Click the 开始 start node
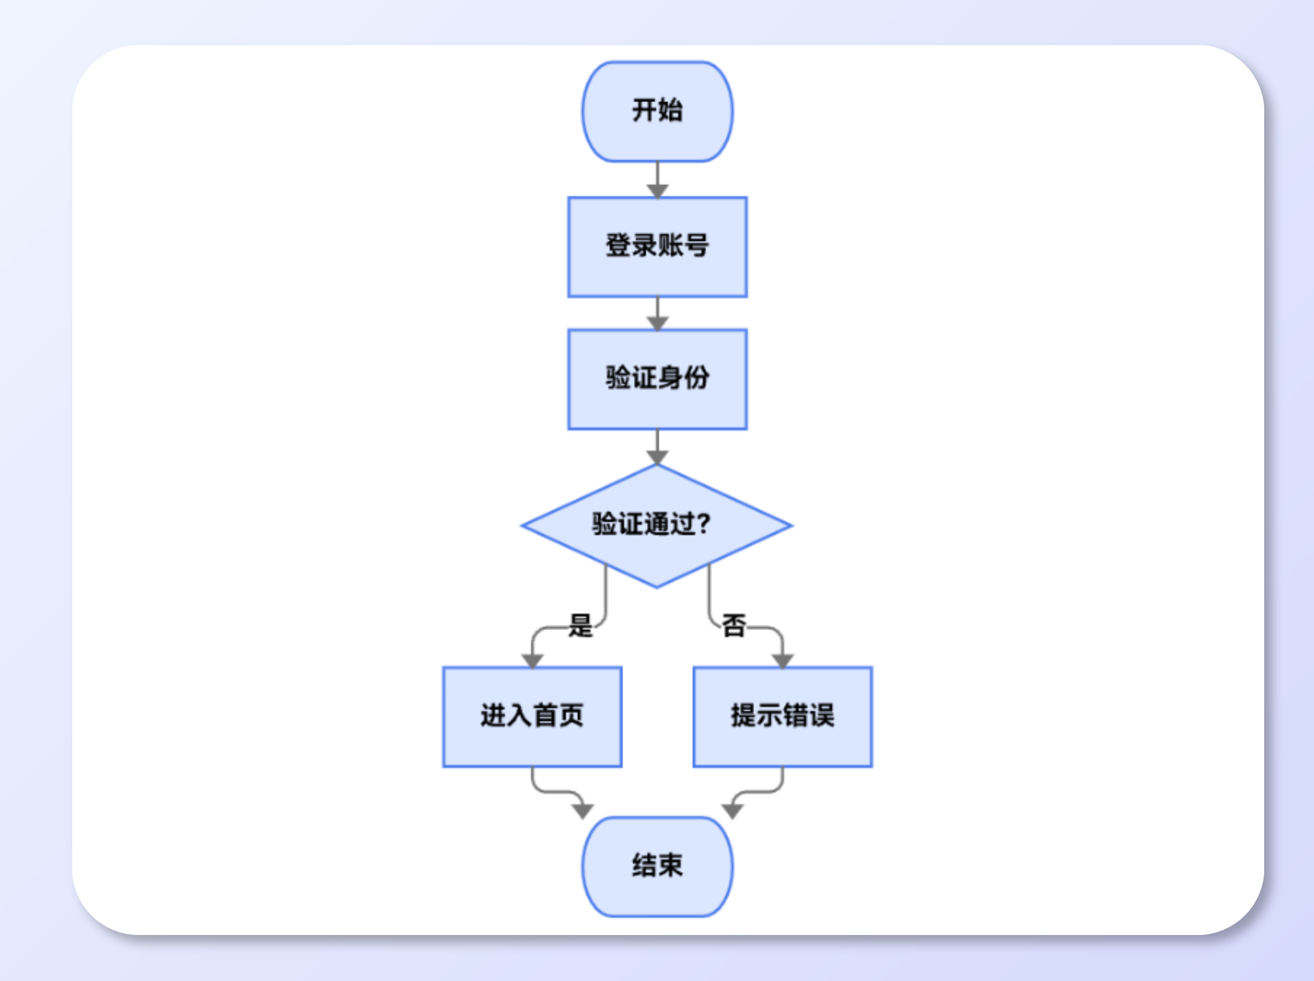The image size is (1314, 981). pyautogui.click(x=658, y=111)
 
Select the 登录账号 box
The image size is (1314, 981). pyautogui.click(x=658, y=246)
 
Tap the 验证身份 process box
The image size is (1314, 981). pyautogui.click(x=658, y=379)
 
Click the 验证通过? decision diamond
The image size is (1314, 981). pyautogui.click(x=656, y=526)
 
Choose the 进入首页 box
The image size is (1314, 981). pyautogui.click(x=532, y=717)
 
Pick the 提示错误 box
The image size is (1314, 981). pyautogui.click(x=782, y=717)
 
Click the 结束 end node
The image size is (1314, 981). pyautogui.click(x=658, y=867)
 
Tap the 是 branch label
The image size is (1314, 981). pyautogui.click(x=581, y=625)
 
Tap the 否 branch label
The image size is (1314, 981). pyautogui.click(x=734, y=625)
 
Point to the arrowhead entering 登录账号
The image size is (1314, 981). pyautogui.click(x=658, y=191)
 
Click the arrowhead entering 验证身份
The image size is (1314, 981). pyautogui.click(x=658, y=323)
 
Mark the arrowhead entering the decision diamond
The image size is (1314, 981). pyautogui.click(x=658, y=457)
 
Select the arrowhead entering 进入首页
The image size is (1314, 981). pyautogui.click(x=533, y=660)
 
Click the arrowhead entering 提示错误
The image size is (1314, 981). pyautogui.click(x=782, y=660)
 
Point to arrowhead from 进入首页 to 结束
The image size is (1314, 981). pyautogui.click(x=583, y=811)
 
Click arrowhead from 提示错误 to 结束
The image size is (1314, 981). pyautogui.click(x=733, y=811)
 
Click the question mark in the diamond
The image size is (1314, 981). pyautogui.click(x=703, y=524)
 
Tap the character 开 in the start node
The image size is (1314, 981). pyautogui.click(x=645, y=111)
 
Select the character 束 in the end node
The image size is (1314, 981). pyautogui.click(x=670, y=865)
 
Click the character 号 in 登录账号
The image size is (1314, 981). pyautogui.click(x=696, y=245)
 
